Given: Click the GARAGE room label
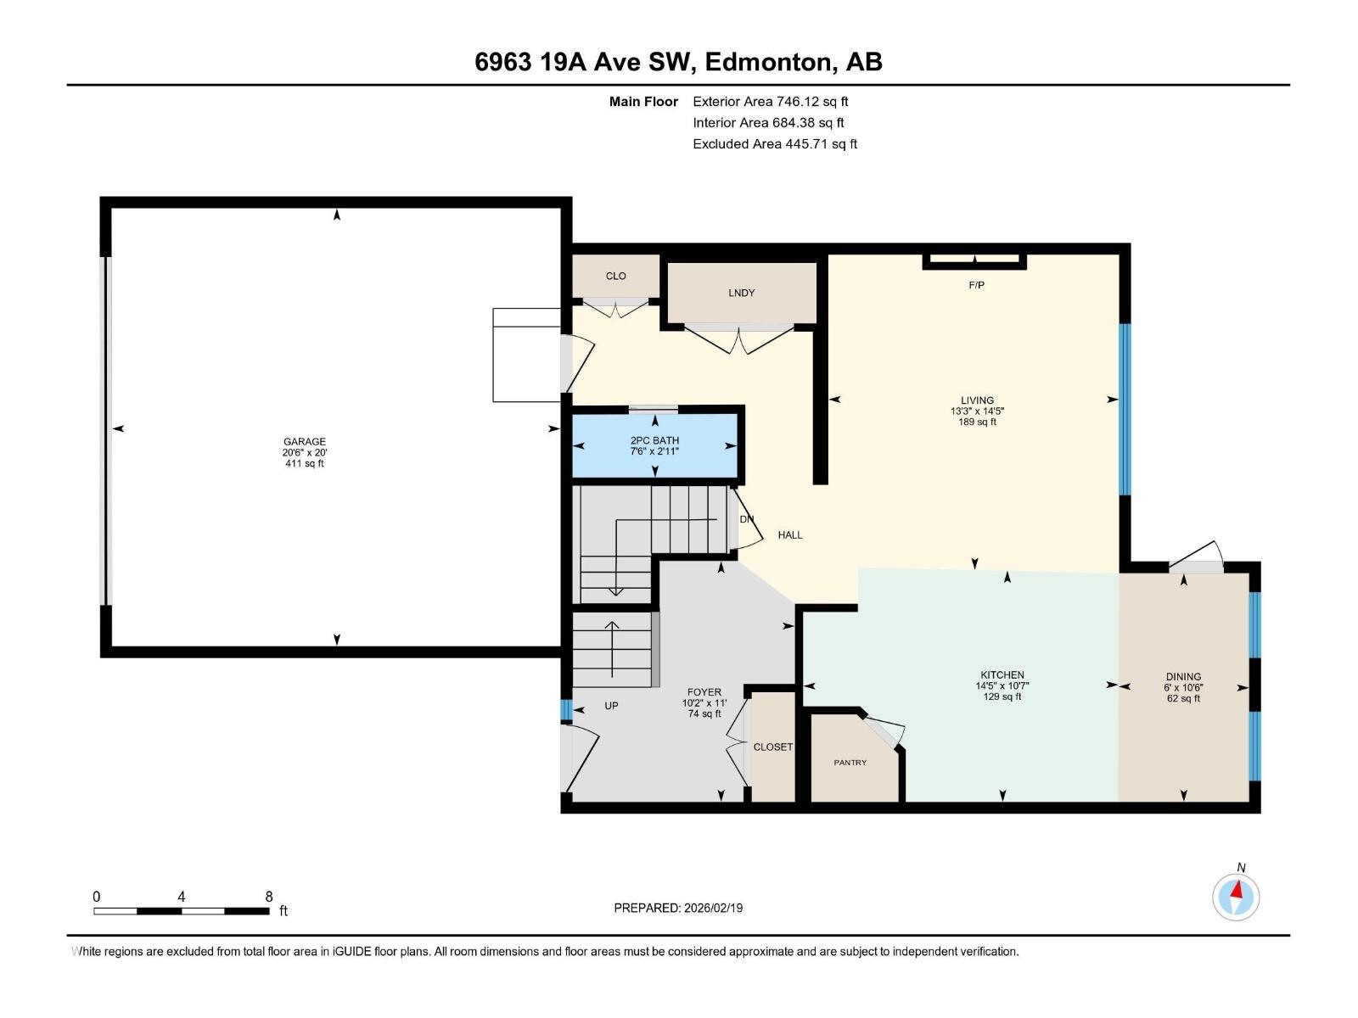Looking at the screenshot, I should coord(304,441).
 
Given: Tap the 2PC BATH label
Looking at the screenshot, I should coord(654,440).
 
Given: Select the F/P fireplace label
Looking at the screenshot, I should coord(976,285).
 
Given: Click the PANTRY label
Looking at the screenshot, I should coord(850,763).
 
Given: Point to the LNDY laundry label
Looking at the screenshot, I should coord(741,293).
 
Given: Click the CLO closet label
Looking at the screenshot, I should coord(615,276).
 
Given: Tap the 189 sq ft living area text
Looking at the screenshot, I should coord(977,422).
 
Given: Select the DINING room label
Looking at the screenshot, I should coord(1183,677).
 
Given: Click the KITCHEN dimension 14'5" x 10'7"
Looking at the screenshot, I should coord(1002,686).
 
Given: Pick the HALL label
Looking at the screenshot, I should coord(789,534).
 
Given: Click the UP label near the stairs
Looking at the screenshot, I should coord(611,706).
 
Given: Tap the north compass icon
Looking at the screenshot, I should coord(1236,896).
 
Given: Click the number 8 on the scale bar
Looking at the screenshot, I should coord(269,897).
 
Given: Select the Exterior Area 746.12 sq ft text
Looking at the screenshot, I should coord(770,101).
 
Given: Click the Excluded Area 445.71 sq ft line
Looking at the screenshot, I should coord(774,143).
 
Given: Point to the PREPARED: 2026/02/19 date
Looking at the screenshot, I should coord(678,908).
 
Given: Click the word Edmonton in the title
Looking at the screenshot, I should coord(767,62).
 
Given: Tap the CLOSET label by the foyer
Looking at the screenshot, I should coord(772,747).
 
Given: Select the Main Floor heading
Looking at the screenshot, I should coord(643,101).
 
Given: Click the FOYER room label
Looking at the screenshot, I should coord(704,692).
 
